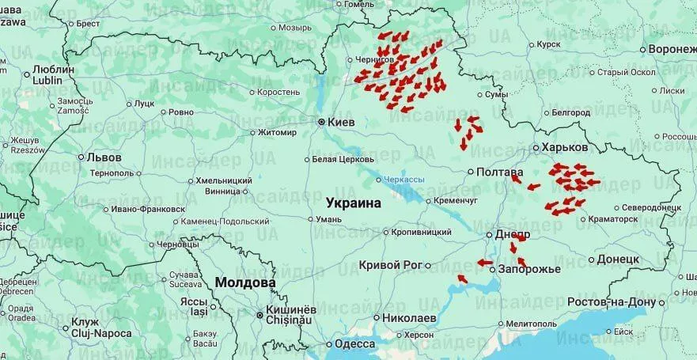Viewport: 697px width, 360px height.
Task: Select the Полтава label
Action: coord(500,172)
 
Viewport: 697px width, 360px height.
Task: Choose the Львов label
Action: coord(104,157)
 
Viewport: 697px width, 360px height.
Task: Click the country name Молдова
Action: coord(244,282)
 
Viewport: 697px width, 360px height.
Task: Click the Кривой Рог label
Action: coord(390,265)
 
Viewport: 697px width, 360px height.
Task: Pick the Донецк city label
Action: coord(618,259)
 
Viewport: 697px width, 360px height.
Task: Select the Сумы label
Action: coord(495,95)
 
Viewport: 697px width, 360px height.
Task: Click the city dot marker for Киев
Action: coord(321,123)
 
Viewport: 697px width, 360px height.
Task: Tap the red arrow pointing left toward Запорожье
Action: coord(485,263)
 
